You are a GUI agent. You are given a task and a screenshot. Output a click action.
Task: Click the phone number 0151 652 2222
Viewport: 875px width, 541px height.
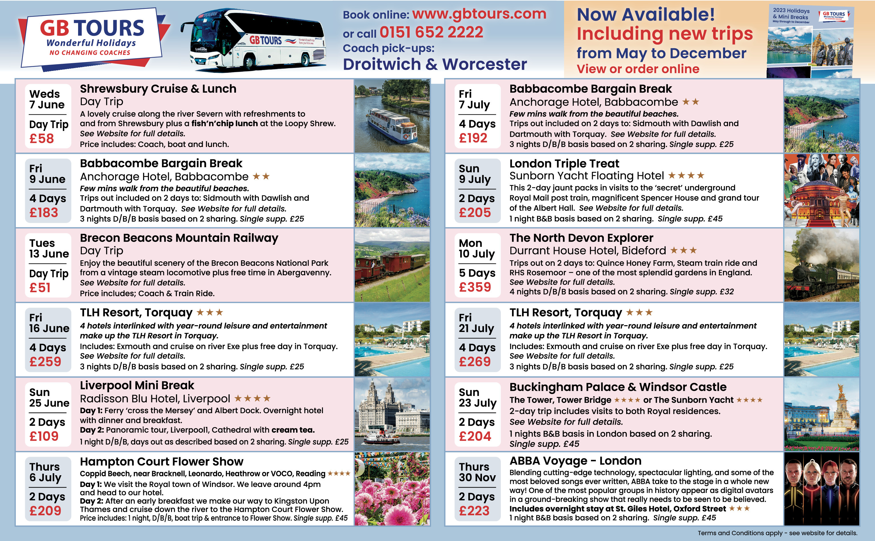pos(431,33)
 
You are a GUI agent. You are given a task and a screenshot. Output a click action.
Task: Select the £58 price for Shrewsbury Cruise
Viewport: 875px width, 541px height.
pos(41,138)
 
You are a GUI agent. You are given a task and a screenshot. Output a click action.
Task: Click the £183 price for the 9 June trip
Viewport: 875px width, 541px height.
pos(44,213)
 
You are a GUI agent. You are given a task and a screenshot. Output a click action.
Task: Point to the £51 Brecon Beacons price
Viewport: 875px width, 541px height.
pos(40,288)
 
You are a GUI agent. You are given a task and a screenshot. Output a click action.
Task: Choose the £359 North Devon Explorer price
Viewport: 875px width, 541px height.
pos(475,287)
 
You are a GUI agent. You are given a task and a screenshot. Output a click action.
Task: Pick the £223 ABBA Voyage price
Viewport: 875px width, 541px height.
pos(474,511)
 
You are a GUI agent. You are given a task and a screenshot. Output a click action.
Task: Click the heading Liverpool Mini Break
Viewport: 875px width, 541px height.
pos(137,385)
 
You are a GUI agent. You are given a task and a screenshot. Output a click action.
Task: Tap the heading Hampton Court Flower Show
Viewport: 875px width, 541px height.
pos(161,462)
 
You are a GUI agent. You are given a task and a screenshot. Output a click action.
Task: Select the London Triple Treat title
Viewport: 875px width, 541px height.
pos(564,164)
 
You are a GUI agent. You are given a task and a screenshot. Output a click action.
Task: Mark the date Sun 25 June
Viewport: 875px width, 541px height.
pos(49,397)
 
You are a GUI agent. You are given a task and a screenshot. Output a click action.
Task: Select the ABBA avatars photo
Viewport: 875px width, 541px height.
pos(821,488)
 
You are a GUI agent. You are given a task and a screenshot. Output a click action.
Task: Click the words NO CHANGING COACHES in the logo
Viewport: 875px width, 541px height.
pos(90,53)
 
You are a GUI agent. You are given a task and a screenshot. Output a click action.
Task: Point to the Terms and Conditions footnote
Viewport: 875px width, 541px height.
pos(777,533)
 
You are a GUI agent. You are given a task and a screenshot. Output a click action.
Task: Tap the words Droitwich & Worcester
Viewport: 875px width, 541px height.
pos(435,65)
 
